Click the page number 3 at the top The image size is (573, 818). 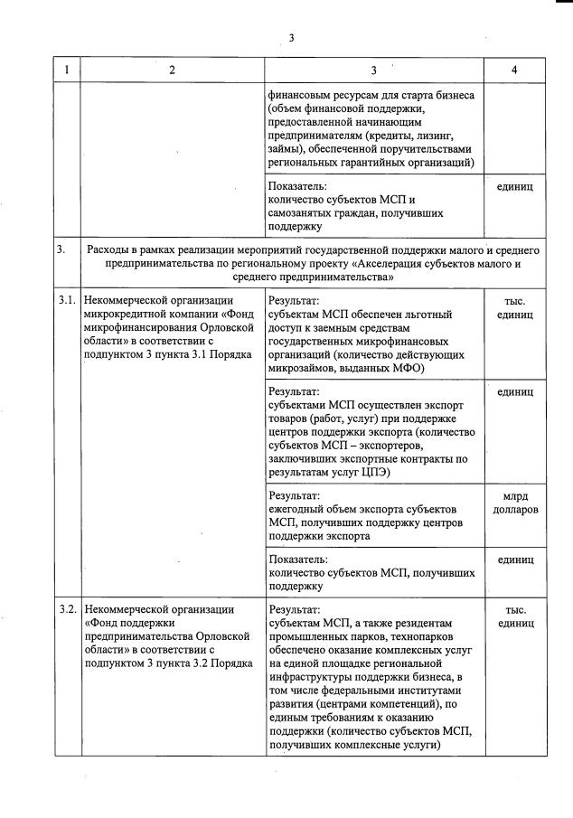click(x=291, y=37)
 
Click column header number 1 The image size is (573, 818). click(x=68, y=70)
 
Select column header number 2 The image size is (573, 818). click(x=172, y=70)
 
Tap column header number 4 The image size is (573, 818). click(x=514, y=70)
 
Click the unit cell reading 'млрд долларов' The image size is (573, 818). click(x=515, y=503)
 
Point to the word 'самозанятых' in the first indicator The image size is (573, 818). click(x=302, y=212)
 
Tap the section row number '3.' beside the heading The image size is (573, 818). click(x=61, y=249)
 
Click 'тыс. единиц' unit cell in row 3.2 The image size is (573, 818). click(x=515, y=616)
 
